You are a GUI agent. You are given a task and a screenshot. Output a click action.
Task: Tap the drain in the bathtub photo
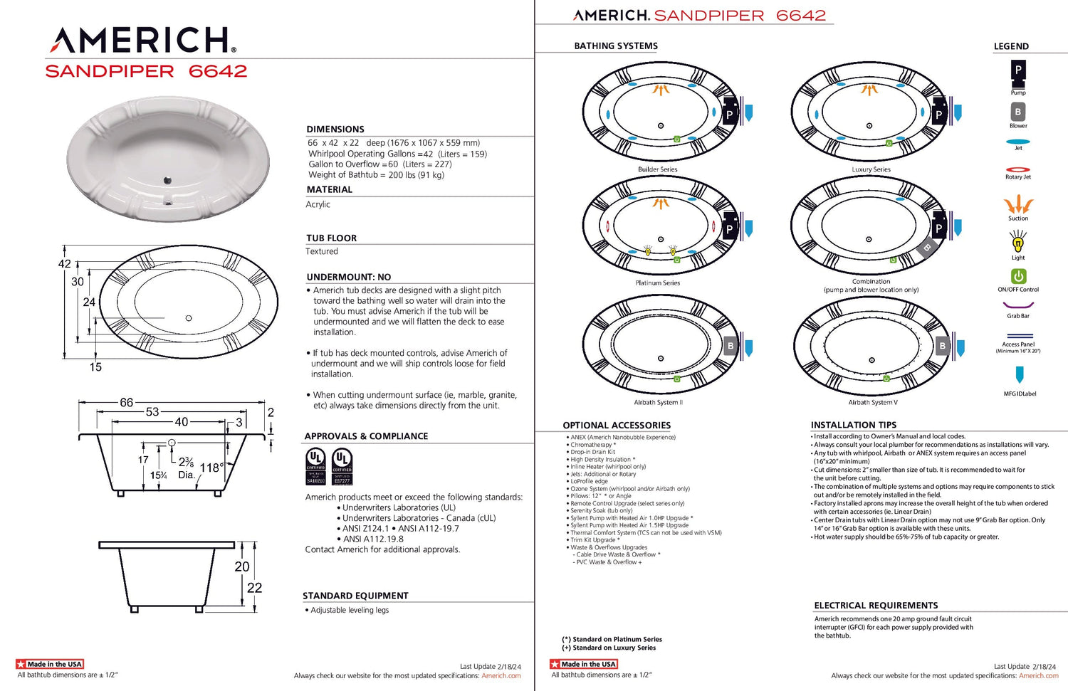168,181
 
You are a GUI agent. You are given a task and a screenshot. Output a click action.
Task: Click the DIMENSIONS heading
335,130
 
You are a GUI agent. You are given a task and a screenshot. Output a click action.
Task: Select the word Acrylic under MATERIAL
318,204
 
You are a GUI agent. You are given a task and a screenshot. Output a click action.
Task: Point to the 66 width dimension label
126,403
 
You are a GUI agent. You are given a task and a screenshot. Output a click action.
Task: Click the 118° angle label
211,468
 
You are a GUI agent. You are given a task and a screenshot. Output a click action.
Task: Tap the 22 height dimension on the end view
254,588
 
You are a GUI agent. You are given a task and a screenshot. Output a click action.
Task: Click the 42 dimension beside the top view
65,264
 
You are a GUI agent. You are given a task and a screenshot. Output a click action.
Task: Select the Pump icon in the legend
1018,71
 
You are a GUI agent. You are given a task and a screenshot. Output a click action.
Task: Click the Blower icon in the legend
1018,112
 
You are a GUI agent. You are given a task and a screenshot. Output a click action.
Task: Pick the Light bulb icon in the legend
1018,244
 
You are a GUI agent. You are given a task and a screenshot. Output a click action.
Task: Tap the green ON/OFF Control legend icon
1018,276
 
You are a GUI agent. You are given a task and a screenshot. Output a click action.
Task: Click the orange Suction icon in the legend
1018,205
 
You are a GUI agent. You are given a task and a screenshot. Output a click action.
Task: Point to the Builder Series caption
658,169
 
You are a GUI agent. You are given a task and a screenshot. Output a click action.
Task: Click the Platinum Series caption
658,283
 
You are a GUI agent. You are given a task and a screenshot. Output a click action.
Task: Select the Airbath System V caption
873,403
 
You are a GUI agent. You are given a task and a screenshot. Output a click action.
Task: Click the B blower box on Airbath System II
730,347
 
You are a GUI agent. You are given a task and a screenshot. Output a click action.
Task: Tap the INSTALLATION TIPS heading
854,426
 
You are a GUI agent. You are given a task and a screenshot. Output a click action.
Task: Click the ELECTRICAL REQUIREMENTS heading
876,606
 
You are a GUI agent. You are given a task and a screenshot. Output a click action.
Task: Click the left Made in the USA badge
50,664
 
